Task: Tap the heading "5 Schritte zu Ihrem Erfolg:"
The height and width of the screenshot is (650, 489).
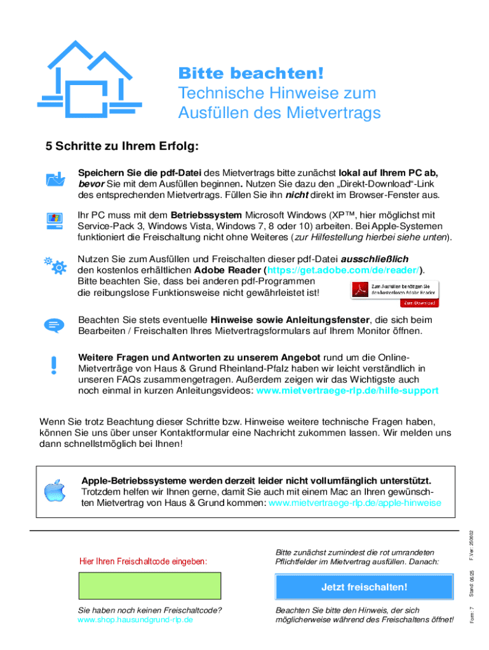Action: point(123,147)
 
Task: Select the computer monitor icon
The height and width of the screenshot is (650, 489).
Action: point(55,220)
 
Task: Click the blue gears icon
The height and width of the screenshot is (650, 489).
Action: point(55,265)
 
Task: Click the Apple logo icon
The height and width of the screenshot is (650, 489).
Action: point(55,491)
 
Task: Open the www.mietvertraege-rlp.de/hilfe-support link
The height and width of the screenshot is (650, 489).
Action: point(347,390)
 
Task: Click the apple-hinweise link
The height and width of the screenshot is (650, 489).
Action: point(355,502)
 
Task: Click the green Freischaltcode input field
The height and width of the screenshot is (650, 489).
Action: point(149,586)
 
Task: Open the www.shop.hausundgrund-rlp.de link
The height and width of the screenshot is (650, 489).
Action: point(135,619)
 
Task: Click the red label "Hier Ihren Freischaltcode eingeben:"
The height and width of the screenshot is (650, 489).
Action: point(144,561)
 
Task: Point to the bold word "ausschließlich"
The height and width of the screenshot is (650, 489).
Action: point(375,259)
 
